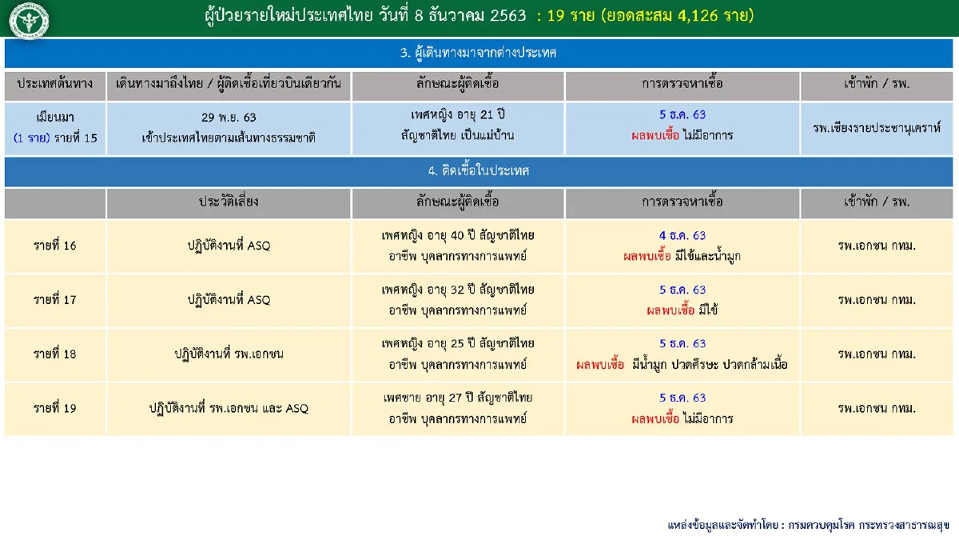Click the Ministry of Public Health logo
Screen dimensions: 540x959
[28, 20]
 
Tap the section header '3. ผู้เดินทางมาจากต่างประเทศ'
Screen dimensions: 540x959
[479, 53]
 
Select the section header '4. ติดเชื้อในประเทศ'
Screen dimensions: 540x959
[479, 170]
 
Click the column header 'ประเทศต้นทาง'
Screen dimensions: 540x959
[54, 84]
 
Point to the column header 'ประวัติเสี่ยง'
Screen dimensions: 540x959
[229, 202]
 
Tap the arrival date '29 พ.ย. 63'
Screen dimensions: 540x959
[229, 117]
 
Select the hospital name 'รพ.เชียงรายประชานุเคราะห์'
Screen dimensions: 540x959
[877, 127]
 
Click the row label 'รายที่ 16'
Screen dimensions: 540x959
[55, 246]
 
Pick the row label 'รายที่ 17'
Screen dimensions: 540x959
[55, 300]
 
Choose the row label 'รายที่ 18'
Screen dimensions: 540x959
[55, 354]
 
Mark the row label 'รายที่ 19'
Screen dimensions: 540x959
[55, 408]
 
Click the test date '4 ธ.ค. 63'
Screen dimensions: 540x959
[682, 235]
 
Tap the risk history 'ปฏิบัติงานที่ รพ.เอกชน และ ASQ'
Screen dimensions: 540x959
[229, 408]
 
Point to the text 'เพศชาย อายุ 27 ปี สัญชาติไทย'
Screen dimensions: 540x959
[458, 397]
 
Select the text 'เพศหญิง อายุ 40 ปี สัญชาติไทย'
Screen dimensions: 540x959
[458, 235]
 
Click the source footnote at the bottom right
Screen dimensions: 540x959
[808, 525]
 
